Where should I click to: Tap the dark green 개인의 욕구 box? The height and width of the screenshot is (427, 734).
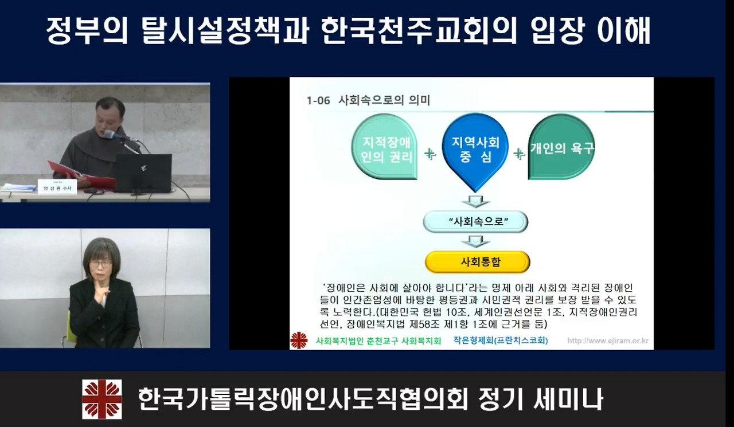[x=561, y=147]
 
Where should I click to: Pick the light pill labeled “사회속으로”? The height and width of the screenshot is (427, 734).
[x=475, y=222]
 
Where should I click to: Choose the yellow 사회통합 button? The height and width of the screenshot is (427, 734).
[x=477, y=262]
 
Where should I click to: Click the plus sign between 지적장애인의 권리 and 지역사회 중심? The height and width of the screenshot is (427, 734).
[x=430, y=154]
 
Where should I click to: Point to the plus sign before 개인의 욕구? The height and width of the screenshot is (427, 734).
[x=519, y=154]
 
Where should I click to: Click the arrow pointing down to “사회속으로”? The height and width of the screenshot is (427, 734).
[x=475, y=201]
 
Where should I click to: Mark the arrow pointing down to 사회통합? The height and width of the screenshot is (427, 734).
[x=476, y=241]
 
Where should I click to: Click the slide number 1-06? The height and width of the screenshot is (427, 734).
[x=318, y=100]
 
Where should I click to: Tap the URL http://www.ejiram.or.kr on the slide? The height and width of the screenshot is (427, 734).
[x=608, y=341]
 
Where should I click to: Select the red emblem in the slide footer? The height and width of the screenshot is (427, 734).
[x=298, y=340]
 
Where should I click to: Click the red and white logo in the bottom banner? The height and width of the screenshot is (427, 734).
[x=101, y=399]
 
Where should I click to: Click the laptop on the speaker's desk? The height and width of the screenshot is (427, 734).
[x=143, y=173]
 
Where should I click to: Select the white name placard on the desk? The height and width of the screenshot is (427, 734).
[x=57, y=187]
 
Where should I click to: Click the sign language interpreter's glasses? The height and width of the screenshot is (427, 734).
[x=101, y=263]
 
